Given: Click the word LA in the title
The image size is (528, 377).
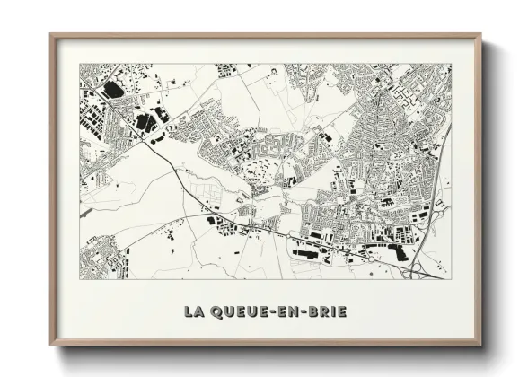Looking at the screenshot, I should [x=193, y=311].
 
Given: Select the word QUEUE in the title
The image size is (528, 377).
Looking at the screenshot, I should [x=238, y=311].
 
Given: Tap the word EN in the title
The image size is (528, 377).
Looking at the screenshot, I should [x=290, y=311].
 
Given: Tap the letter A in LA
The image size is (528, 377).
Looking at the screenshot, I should [x=198, y=311].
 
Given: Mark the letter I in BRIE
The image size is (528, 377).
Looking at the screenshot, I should [x=334, y=311].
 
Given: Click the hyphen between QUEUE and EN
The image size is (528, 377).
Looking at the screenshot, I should [x=273, y=311].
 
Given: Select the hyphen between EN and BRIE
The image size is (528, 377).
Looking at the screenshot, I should [x=305, y=311].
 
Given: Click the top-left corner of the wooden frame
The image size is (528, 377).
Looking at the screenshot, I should [x=51, y=35].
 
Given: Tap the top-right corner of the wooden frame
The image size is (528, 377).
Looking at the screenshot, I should [x=480, y=35].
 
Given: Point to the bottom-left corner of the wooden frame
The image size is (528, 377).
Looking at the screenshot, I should [x=51, y=345].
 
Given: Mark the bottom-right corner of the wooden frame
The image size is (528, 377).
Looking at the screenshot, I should [x=480, y=345].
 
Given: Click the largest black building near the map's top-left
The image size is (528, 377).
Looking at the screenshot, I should [x=113, y=89].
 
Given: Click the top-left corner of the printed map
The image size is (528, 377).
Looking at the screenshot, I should [x=80, y=64].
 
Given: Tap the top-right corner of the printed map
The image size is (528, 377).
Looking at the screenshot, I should [x=452, y=64].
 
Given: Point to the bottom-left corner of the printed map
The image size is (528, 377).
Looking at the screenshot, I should [x=80, y=278].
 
